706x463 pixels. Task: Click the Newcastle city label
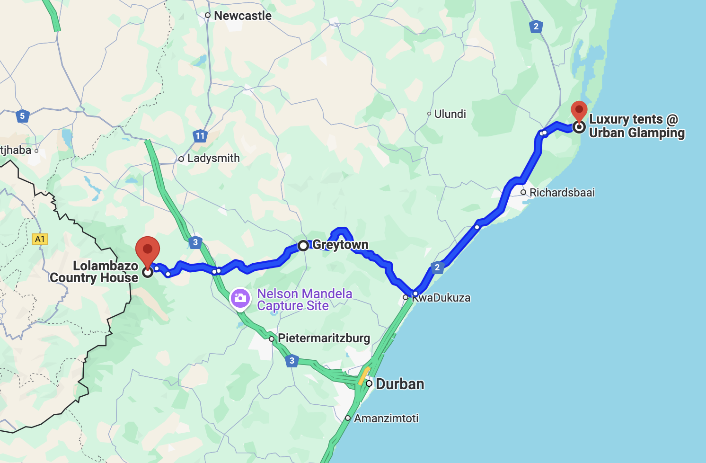[x=242, y=16]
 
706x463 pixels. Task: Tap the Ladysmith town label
[x=213, y=158]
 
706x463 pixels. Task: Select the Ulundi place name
[x=450, y=114]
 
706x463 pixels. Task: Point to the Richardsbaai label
[x=562, y=193]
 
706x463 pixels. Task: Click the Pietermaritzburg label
[x=324, y=338]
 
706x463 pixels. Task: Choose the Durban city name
[x=399, y=384]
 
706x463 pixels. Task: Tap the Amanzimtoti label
[x=386, y=418]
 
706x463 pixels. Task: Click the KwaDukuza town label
[x=441, y=298]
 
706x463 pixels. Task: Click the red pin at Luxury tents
[x=579, y=112]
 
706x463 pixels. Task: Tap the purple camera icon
[x=240, y=298]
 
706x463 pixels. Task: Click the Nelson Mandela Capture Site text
[x=304, y=300]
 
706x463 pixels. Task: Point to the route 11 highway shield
[x=200, y=136]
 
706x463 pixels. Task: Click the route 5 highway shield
[x=22, y=116]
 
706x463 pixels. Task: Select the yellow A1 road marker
[x=40, y=239]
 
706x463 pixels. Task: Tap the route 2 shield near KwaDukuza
[x=437, y=267]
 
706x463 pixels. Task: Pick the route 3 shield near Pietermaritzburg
[x=292, y=361]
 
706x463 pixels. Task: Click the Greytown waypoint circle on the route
[x=303, y=246]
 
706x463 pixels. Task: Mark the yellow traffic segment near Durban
[x=363, y=376]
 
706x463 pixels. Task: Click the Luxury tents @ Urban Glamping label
[x=636, y=126]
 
